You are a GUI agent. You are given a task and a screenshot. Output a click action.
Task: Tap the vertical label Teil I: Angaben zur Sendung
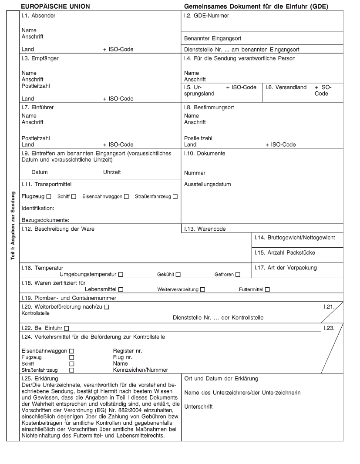point(14,226)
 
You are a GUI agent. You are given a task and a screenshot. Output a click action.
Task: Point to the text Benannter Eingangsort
point(213,38)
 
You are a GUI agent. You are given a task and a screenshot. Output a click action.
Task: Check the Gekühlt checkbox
point(178,275)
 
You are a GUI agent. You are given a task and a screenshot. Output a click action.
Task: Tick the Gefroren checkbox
point(238,275)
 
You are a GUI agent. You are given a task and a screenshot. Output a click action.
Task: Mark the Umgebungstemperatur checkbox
point(121,275)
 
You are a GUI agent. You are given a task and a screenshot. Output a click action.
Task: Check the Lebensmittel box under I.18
point(121,289)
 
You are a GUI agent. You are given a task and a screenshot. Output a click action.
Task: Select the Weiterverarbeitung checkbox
point(203,289)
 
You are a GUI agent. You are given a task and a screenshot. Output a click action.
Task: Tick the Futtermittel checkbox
point(267,289)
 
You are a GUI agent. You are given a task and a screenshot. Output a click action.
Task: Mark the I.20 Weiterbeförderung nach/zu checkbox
point(107,307)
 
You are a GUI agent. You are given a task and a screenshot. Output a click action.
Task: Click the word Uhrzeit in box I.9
point(112,172)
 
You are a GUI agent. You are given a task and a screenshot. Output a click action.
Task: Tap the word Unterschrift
point(199,407)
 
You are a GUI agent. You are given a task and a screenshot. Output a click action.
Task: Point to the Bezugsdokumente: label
point(46,220)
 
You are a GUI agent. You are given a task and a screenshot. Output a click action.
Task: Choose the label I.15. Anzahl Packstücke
point(285,252)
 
